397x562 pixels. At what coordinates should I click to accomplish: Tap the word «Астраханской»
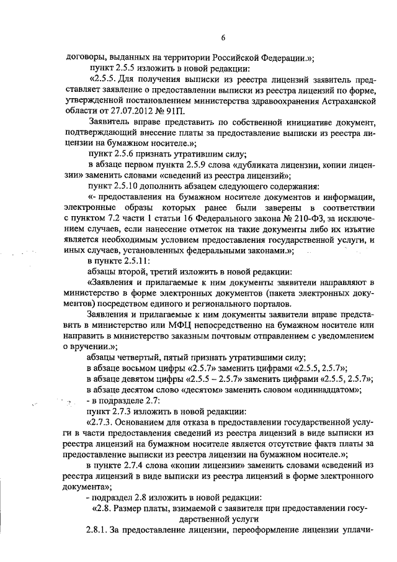pyautogui.click(x=343, y=97)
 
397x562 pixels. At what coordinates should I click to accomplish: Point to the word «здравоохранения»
pyautogui.click(x=275, y=97)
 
